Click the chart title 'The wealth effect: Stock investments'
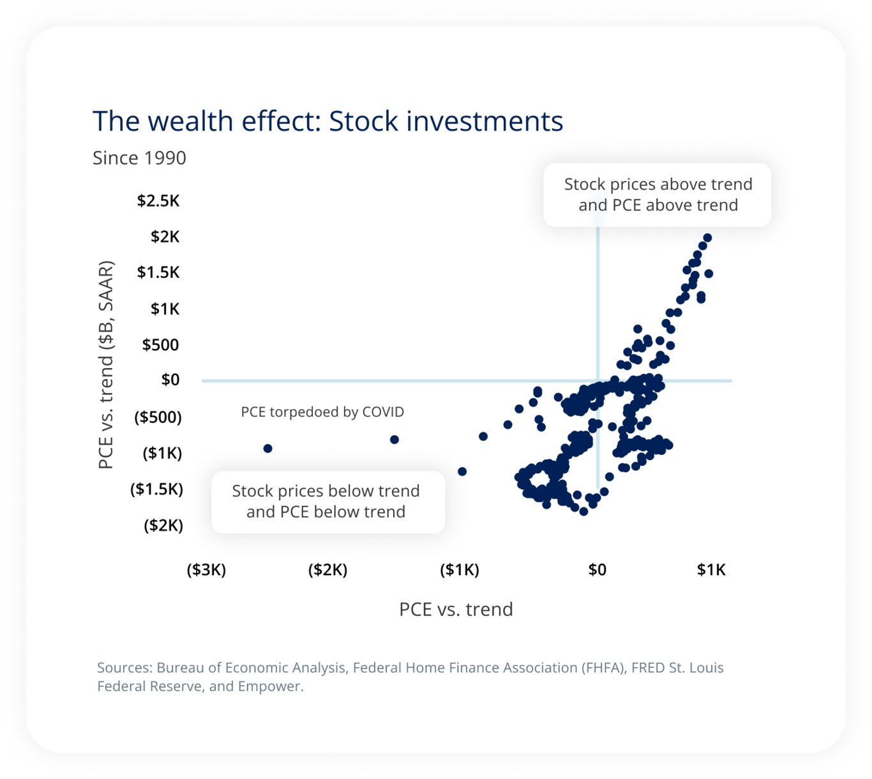point(327,121)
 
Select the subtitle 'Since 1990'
point(139,158)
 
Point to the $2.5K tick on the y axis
point(158,201)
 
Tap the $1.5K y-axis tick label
point(158,272)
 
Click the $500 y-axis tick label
point(160,345)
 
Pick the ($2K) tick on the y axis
point(163,525)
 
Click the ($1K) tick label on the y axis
point(162,453)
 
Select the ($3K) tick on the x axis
point(206,569)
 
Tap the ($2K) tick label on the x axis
point(327,569)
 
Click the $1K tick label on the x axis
point(711,569)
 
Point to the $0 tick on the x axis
point(597,569)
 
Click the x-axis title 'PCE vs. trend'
point(456,609)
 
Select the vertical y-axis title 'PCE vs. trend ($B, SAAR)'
point(106,364)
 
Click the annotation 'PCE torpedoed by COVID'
point(322,412)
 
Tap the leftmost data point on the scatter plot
point(267,449)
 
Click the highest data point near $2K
point(707,238)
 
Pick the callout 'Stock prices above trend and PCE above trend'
point(658,195)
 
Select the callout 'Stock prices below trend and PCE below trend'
point(326,502)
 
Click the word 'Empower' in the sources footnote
point(269,686)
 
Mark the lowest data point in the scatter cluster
point(583,511)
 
